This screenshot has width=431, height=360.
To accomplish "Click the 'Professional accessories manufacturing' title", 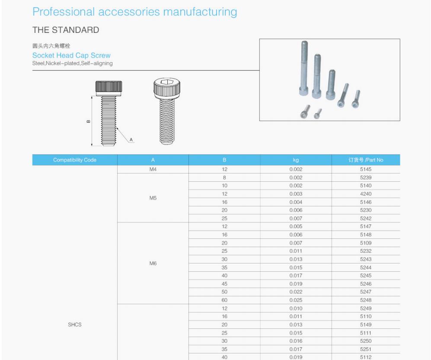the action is point(135,12).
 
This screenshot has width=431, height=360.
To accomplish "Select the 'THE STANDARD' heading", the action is point(66,30).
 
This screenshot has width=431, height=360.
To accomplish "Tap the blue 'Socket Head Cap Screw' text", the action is point(71,55).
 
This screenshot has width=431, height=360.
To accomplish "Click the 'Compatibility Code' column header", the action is point(75,160).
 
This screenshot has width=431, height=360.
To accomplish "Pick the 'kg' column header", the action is point(296,160).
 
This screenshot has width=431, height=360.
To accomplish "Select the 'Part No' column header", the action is point(366,160).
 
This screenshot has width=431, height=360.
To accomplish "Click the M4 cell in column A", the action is point(153,169).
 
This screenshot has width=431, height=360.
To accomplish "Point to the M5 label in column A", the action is point(153,198).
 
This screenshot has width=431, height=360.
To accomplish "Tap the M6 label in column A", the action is point(153,263).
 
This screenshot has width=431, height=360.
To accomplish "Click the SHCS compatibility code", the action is point(75,325).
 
